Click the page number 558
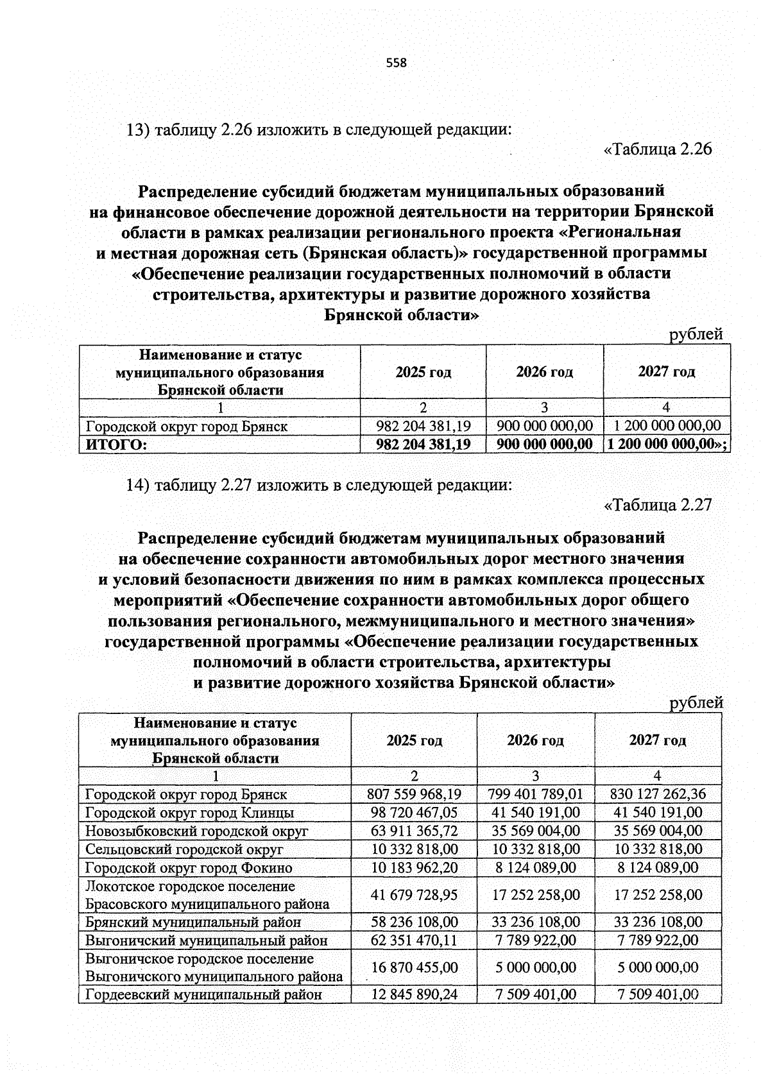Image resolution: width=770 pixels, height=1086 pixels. point(397,63)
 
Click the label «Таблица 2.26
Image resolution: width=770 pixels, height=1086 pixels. point(658,149)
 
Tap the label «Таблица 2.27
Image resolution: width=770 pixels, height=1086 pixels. point(658,505)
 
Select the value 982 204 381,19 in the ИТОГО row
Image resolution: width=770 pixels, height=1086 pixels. point(423,444)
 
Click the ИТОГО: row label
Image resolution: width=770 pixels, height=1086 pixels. point(113,445)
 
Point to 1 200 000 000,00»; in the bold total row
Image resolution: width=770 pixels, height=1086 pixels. point(667,444)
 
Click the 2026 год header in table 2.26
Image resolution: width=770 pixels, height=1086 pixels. point(544,372)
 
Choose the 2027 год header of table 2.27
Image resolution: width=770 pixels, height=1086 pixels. point(657,740)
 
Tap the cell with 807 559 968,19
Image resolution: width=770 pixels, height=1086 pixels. point(414,794)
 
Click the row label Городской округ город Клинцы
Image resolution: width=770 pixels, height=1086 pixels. point(190,813)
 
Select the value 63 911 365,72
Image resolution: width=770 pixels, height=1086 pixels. point(414,831)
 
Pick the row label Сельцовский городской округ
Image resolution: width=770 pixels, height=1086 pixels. point(184,849)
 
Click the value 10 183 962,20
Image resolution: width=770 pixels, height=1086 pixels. point(414,868)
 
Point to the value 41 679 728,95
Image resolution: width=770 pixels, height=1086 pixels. point(414,895)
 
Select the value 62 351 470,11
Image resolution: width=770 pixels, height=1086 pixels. point(414,940)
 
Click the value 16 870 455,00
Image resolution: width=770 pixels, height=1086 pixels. point(414,967)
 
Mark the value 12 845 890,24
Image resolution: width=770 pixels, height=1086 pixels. point(414,995)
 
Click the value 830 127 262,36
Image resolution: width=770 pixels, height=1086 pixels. point(658,794)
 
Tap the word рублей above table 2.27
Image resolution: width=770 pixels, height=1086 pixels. point(696,703)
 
